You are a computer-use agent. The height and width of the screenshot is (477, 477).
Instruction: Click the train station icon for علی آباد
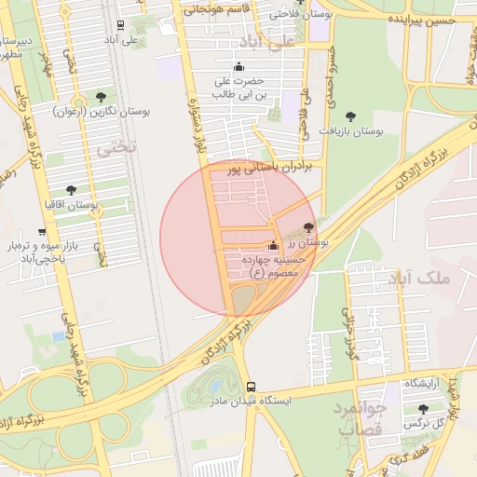121,26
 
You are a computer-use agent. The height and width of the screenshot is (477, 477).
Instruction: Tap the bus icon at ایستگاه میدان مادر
250,387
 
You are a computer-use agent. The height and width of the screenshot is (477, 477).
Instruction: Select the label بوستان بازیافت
352,131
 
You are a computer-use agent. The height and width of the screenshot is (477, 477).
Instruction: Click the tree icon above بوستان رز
309,227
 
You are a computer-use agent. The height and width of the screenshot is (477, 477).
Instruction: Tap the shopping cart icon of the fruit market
43,231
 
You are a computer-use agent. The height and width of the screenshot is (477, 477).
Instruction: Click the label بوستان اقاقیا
72,203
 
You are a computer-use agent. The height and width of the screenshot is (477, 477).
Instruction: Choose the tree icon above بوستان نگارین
101,97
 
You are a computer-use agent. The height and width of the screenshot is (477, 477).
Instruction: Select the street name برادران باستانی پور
266,166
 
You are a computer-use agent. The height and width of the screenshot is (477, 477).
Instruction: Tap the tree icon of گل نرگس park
424,409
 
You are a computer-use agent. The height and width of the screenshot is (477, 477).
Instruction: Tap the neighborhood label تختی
120,147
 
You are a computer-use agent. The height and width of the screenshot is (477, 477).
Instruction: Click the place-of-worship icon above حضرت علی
238,66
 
